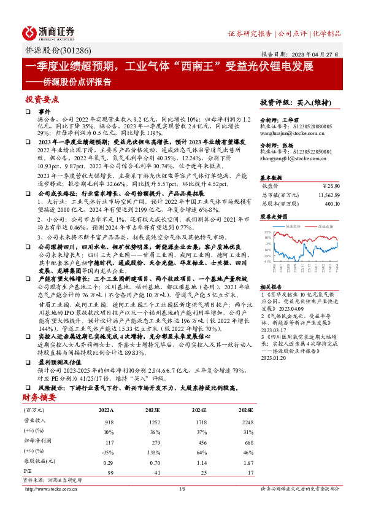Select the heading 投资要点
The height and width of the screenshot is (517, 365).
pyautogui.click(x=42, y=99)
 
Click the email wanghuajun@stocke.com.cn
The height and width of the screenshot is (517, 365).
pyautogui.click(x=288, y=131)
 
